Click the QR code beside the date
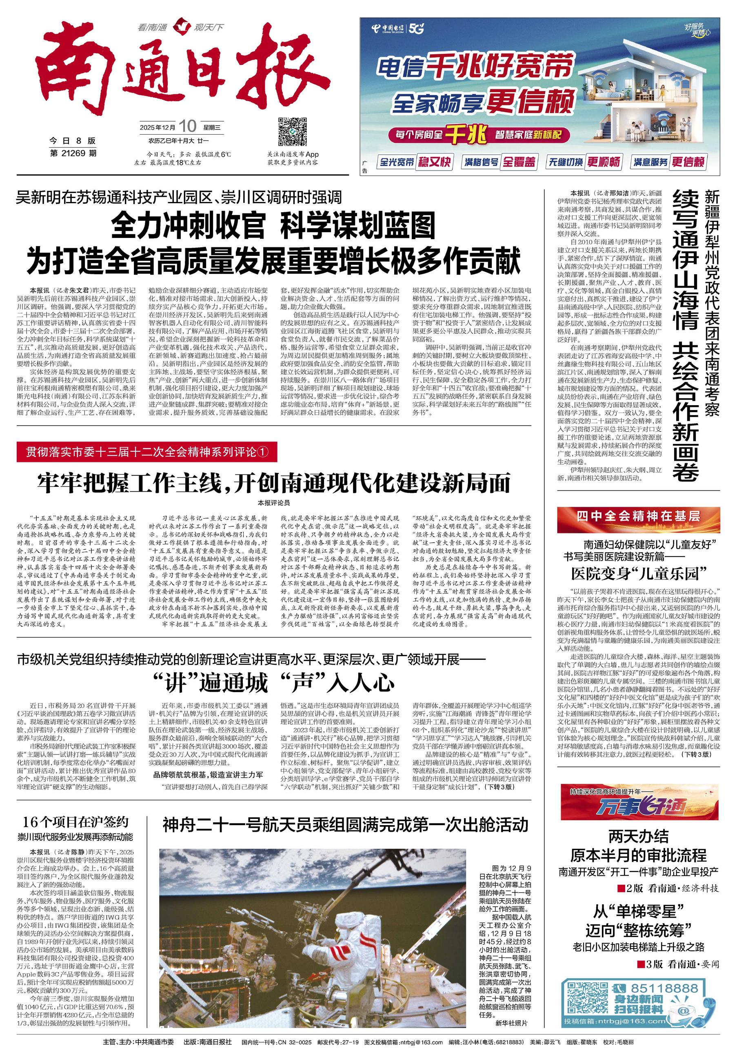coord(291,131)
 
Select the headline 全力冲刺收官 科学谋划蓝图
coord(273,225)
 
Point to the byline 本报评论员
coord(274,502)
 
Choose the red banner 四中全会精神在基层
coord(638,516)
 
